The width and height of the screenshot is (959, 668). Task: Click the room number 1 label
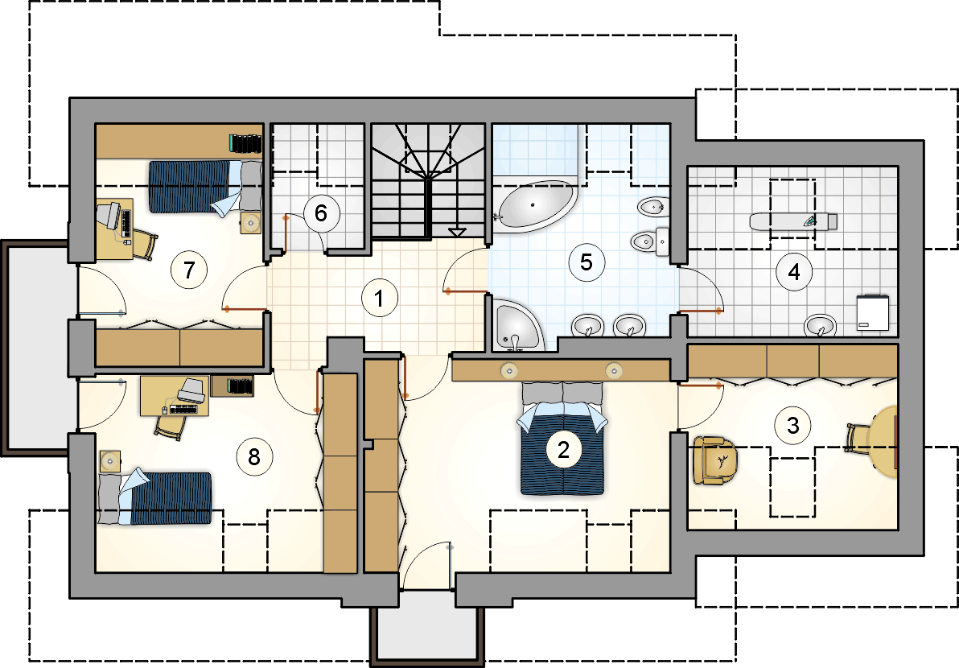point(379,299)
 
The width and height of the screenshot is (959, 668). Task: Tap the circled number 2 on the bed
point(563,450)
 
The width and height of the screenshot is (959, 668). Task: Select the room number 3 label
point(792,424)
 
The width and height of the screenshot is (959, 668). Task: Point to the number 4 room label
point(794,271)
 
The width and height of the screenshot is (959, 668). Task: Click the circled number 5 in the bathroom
point(586,262)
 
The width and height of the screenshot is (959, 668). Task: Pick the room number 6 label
point(320,213)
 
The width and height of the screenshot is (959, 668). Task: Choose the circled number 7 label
point(189,269)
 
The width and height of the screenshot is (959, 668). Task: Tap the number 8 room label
point(253,456)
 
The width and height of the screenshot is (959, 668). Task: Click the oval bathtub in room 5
point(537,206)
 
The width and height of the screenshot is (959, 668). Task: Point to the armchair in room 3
point(715,460)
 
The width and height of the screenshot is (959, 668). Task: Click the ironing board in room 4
point(793,221)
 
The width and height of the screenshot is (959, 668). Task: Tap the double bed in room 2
point(562,438)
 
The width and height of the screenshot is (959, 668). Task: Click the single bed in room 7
point(205,186)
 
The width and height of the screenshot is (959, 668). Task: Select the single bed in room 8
point(154,497)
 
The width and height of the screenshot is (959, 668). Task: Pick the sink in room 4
point(820,325)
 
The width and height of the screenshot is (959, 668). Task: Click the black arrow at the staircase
point(456,232)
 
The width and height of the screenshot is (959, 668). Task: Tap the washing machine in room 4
point(873,312)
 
